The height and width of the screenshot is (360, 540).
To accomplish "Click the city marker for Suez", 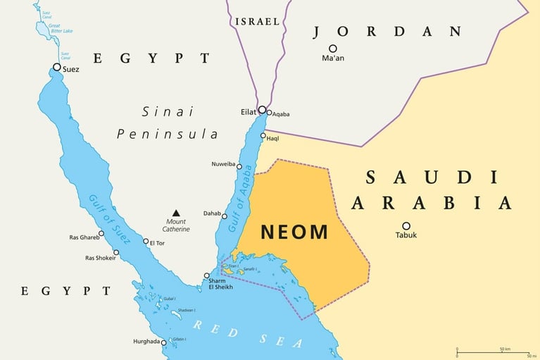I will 57,68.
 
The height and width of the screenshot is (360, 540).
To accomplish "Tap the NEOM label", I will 294,232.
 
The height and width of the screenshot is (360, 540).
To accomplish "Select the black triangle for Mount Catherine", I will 176,213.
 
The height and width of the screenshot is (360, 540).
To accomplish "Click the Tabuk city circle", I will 406,226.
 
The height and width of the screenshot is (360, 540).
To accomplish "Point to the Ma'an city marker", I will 332,49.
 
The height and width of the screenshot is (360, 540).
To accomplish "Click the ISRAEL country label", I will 258,22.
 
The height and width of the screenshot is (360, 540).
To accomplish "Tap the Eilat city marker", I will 262,109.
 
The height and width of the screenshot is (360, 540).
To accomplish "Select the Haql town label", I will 272,139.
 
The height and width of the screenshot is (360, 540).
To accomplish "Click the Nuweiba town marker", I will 239,167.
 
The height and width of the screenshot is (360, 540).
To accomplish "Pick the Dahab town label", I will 212,213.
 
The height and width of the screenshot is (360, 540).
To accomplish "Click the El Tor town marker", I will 146,242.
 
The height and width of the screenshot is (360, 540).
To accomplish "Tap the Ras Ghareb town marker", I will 101,233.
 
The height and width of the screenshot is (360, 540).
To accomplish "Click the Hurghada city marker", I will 163,343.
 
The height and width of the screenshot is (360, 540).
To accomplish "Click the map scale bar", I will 493,352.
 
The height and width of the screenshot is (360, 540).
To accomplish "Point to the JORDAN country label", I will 387,32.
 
